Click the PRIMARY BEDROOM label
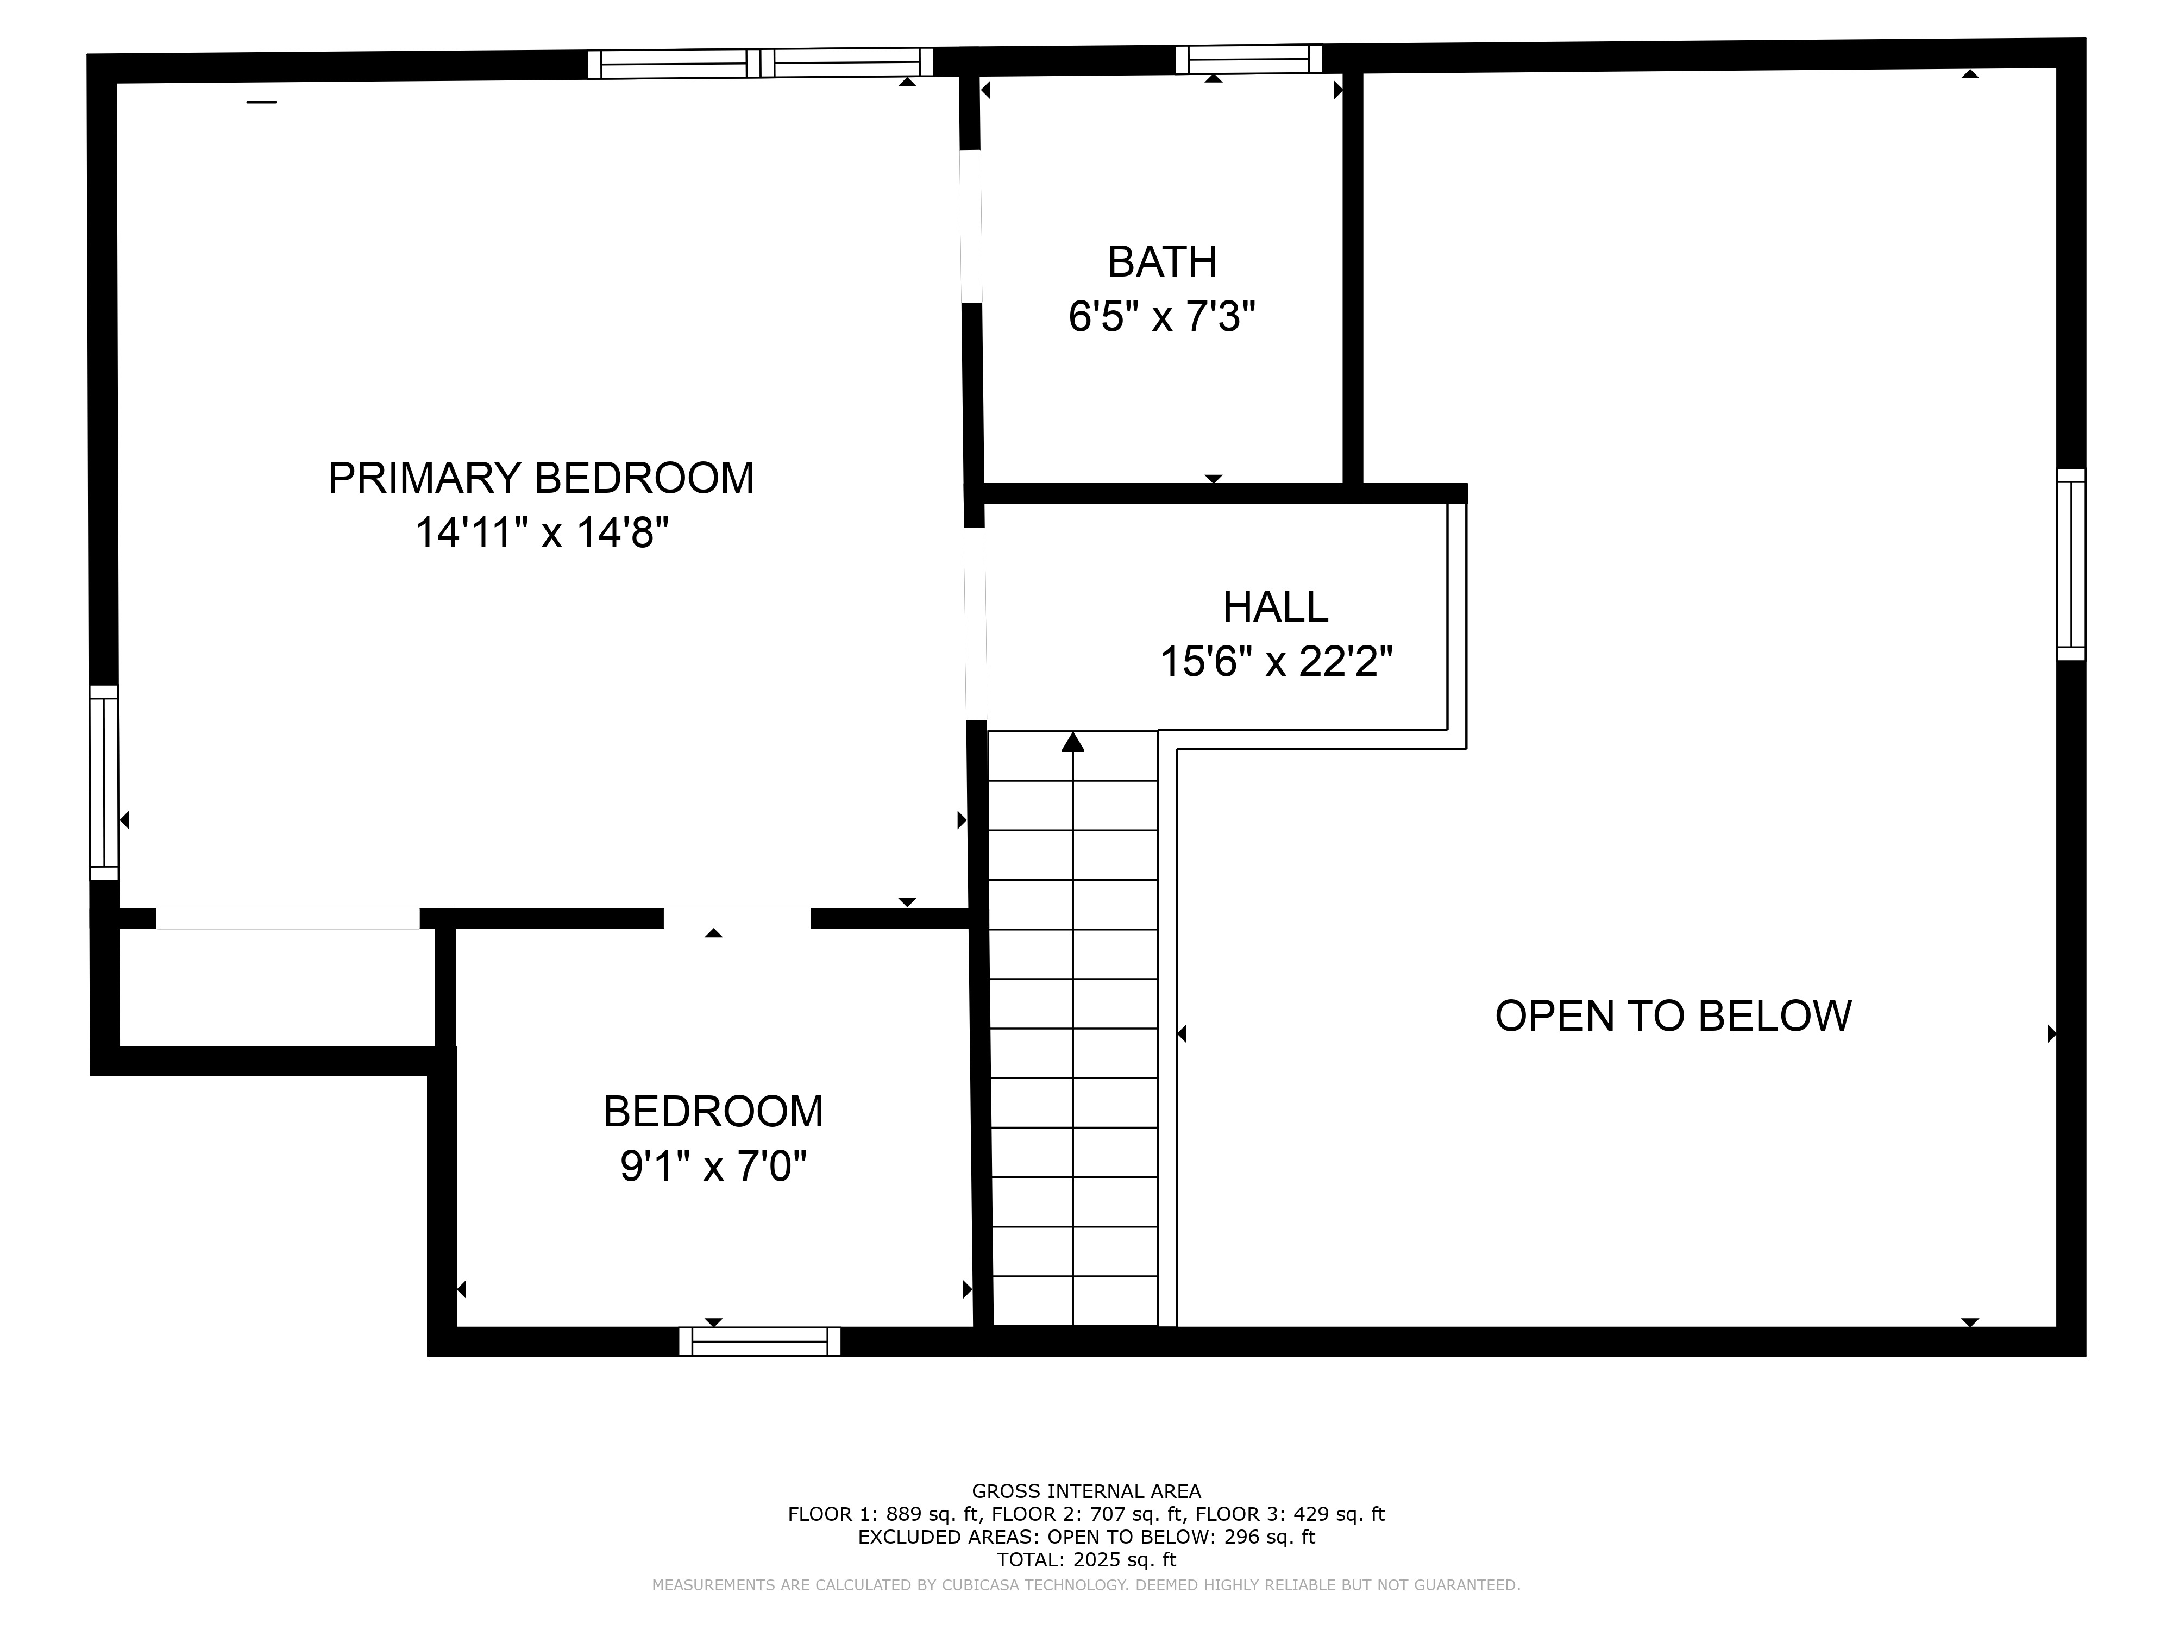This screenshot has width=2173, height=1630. point(541,479)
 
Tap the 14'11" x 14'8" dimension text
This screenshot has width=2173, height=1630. point(541,534)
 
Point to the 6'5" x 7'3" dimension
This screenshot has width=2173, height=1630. point(1162,317)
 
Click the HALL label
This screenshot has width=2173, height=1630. point(1275,607)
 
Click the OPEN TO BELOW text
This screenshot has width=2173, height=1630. point(1673,1016)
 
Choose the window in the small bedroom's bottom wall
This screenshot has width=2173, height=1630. point(759,1342)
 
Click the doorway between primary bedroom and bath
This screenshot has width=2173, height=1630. point(971,226)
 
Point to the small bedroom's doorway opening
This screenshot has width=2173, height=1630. point(737,919)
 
